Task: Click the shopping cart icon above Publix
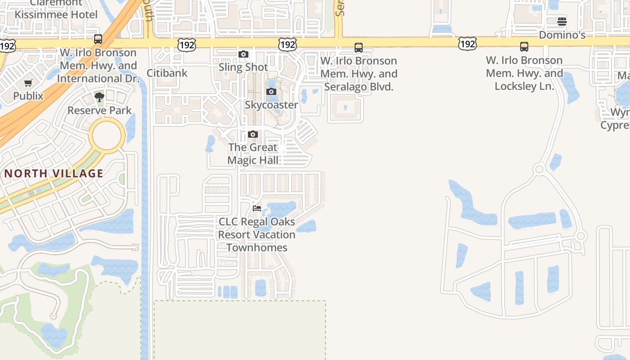(x=28, y=83)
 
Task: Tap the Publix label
(x=28, y=96)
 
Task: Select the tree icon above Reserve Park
(x=99, y=97)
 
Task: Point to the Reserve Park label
(x=99, y=110)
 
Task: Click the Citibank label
(x=167, y=73)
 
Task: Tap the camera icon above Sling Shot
(x=243, y=54)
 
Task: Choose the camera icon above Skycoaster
(x=271, y=92)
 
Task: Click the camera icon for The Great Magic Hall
(x=253, y=135)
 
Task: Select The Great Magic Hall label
(x=253, y=153)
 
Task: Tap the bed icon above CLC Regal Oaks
(x=257, y=208)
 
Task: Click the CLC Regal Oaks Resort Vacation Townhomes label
(x=257, y=234)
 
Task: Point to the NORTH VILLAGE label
(x=54, y=173)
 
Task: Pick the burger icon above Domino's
(x=562, y=22)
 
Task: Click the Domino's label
(x=562, y=35)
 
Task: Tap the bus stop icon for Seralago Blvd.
(x=359, y=47)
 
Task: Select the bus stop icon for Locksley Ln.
(x=524, y=47)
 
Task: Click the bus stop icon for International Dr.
(x=98, y=39)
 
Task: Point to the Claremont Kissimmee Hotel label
(x=56, y=9)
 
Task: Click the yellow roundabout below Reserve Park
(x=107, y=135)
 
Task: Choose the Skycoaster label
(x=271, y=105)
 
